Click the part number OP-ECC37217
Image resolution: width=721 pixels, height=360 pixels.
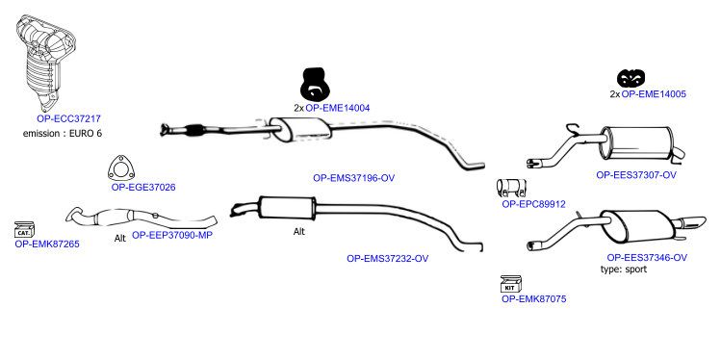pyautogui.click(x=68, y=118)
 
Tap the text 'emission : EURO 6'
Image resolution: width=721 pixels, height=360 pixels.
pyautogui.click(x=63, y=134)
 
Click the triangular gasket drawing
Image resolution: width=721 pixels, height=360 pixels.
pyautogui.click(x=121, y=168)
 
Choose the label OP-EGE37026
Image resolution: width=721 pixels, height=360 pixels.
pyautogui.click(x=143, y=187)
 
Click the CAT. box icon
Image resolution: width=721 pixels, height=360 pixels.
pyautogui.click(x=24, y=229)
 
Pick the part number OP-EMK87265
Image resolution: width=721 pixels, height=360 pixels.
pyautogui.click(x=47, y=244)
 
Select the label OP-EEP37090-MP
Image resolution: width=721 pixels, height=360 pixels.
pyautogui.click(x=172, y=235)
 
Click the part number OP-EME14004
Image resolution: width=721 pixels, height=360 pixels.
pyautogui.click(x=338, y=108)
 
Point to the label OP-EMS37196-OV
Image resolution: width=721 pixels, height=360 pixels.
pyautogui.click(x=353, y=178)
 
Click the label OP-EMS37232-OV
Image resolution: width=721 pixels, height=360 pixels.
pyautogui.click(x=387, y=258)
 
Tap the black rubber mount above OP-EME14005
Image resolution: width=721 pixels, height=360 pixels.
pyautogui.click(x=631, y=79)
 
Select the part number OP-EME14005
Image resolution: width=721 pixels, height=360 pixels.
pyautogui.click(x=654, y=94)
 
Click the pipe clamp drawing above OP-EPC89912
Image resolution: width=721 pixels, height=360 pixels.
pyautogui.click(x=511, y=188)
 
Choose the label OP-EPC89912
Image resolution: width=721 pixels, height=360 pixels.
pyautogui.click(x=533, y=204)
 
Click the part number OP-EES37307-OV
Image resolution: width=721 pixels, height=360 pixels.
pyautogui.click(x=636, y=175)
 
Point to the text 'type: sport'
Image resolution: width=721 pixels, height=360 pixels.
pyautogui.click(x=624, y=270)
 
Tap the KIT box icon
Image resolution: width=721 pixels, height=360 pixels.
pyautogui.click(x=510, y=284)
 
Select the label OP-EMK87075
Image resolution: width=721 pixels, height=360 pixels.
pyautogui.click(x=534, y=299)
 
